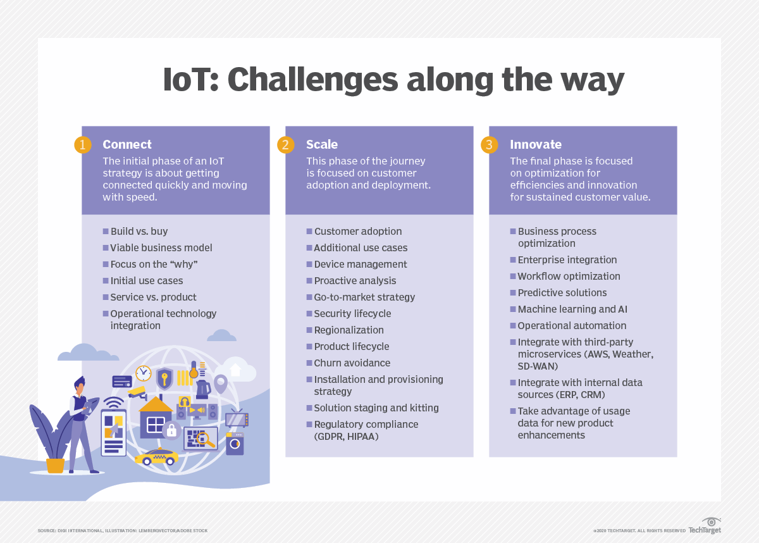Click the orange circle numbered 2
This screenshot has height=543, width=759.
[x=286, y=145]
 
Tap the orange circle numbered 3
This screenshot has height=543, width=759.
[x=490, y=145]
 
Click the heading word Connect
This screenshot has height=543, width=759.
[x=127, y=144]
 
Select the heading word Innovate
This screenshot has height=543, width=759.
[x=536, y=144]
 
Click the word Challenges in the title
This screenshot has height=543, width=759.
[x=312, y=80]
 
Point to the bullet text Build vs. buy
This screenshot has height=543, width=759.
[x=139, y=231]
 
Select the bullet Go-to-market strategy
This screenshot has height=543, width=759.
[x=364, y=297]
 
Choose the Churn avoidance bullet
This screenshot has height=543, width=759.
[x=352, y=363]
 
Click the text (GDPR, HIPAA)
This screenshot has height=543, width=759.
[x=347, y=436]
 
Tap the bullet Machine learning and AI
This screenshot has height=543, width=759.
[x=572, y=309]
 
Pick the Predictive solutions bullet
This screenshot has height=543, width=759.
[x=562, y=292]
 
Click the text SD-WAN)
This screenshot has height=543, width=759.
[x=538, y=366]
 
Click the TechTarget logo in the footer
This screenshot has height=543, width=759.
[x=705, y=526]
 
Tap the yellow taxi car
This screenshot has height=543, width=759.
[x=156, y=456]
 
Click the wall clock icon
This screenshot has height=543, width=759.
[x=144, y=373]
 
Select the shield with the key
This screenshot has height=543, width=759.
[x=164, y=378]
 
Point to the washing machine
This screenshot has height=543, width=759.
[x=235, y=444]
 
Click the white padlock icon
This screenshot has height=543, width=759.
[x=171, y=431]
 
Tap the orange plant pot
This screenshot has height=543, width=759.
[x=55, y=465]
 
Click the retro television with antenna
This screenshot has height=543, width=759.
[x=237, y=418]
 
